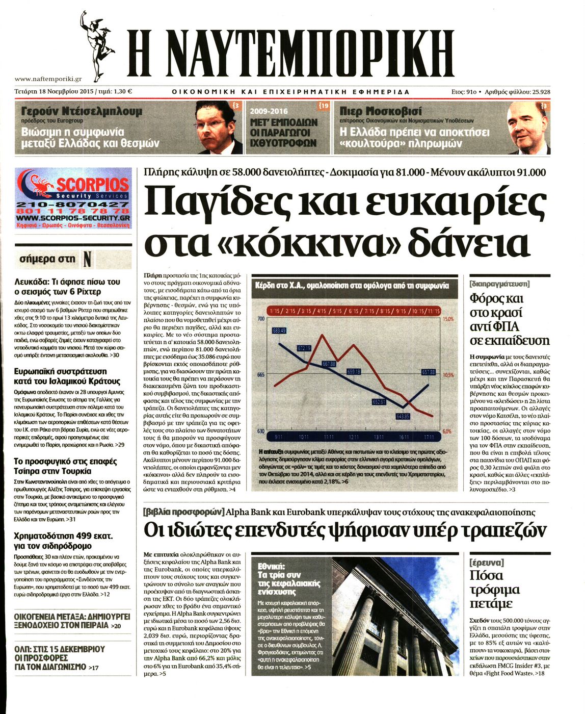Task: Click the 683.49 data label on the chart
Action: pos(279,330)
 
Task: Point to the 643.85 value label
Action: pos(403,416)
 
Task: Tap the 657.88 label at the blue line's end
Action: pos(429,372)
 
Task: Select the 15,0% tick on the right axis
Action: pos(447,319)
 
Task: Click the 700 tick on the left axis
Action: pos(261,319)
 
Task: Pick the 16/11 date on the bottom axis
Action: pos(404,437)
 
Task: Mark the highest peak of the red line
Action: pos(322,335)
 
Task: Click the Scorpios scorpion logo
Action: pos(37,185)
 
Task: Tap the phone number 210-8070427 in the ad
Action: pos(72,205)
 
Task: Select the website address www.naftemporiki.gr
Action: pos(48,79)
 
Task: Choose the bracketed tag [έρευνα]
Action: pos(486,562)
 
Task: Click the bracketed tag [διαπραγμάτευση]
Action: pos(499,283)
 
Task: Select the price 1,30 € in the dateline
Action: pos(122,92)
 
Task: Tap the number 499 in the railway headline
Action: pos(76,536)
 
